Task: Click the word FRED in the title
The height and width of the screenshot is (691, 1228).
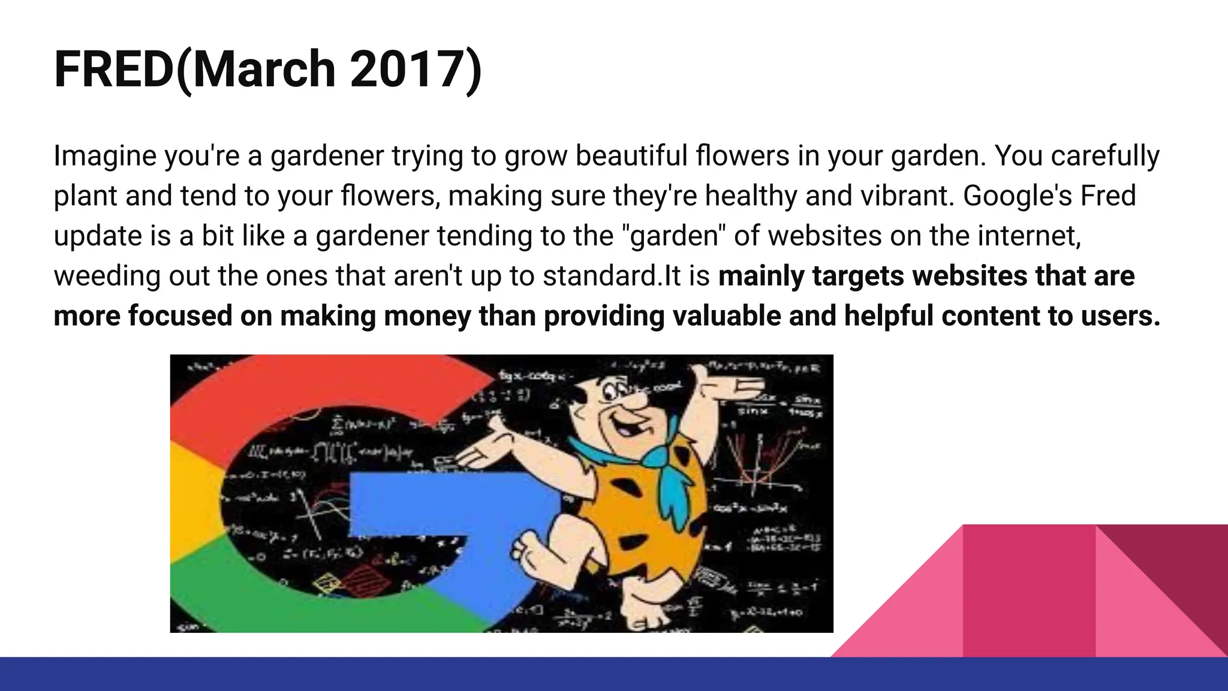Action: pos(114,70)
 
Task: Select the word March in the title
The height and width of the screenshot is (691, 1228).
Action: pos(264,70)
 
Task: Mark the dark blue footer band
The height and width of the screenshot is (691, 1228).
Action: pos(614,674)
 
